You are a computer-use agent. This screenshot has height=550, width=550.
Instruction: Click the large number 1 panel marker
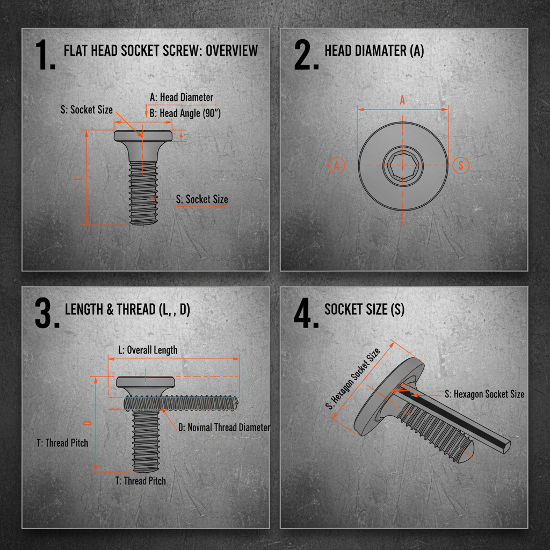45,55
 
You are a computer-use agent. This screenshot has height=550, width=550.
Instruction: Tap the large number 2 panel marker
306,55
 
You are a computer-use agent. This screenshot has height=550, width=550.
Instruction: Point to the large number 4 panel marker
306,313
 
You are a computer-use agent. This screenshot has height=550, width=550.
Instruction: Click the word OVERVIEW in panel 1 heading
231,50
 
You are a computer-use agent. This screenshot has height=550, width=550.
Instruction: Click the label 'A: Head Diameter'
182,97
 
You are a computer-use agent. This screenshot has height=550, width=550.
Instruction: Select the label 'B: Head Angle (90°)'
185,113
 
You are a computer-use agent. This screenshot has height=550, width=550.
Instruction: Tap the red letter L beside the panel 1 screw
81,177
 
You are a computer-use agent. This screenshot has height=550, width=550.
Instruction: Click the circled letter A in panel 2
337,165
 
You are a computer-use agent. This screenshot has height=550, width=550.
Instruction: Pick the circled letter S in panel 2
461,165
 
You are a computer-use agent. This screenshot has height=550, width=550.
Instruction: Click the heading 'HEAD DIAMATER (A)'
374,50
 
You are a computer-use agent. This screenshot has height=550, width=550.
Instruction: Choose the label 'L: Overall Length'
148,350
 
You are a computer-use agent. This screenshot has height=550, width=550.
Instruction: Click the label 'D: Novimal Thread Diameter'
225,428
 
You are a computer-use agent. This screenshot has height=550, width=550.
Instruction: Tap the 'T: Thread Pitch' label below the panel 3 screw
141,481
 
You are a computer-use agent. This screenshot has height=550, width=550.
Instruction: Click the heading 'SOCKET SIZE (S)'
365,309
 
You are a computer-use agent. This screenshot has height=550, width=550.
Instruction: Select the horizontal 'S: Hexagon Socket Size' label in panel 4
484,394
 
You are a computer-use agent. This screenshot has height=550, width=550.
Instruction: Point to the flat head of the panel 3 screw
146,382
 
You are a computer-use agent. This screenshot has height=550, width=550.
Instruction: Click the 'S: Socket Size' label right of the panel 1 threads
202,199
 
